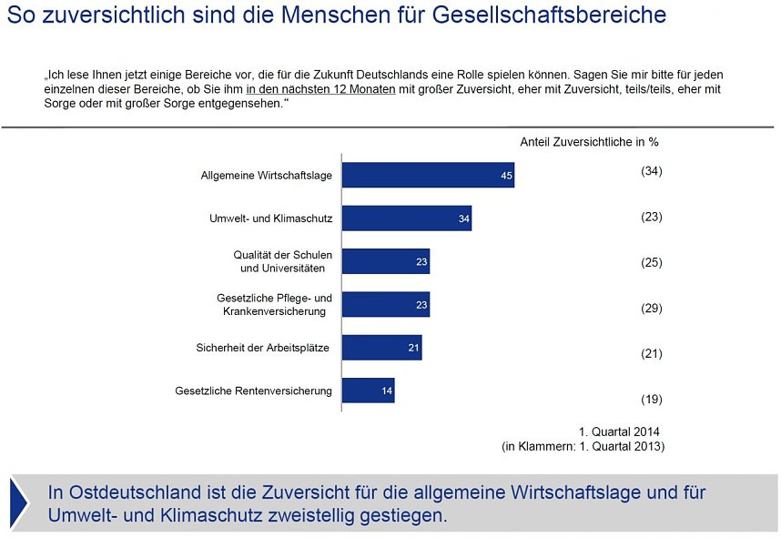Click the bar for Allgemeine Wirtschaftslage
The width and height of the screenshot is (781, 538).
tap(428, 175)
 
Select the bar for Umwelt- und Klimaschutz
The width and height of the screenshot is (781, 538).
tap(406, 218)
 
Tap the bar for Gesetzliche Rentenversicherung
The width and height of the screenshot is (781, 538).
tap(368, 391)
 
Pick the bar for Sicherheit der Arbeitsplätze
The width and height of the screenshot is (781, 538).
tap(381, 348)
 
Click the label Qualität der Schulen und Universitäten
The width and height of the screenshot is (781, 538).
tap(282, 261)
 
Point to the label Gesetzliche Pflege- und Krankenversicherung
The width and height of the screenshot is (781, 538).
tap(274, 305)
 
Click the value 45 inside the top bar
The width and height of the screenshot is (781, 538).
tap(506, 176)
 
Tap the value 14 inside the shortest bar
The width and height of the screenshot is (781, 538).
tap(387, 391)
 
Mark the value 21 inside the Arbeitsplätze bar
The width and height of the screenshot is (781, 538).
tap(413, 348)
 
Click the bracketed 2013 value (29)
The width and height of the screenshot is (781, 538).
tap(651, 309)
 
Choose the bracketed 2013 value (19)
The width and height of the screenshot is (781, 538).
tap(651, 399)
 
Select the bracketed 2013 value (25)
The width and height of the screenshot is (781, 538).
tap(651, 263)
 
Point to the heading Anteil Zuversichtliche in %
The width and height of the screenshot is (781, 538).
tap(588, 142)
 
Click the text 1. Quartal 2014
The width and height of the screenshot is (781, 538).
tap(618, 431)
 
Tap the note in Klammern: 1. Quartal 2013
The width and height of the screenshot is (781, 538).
tap(583, 446)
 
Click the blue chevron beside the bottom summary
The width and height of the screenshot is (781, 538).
tap(19, 502)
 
